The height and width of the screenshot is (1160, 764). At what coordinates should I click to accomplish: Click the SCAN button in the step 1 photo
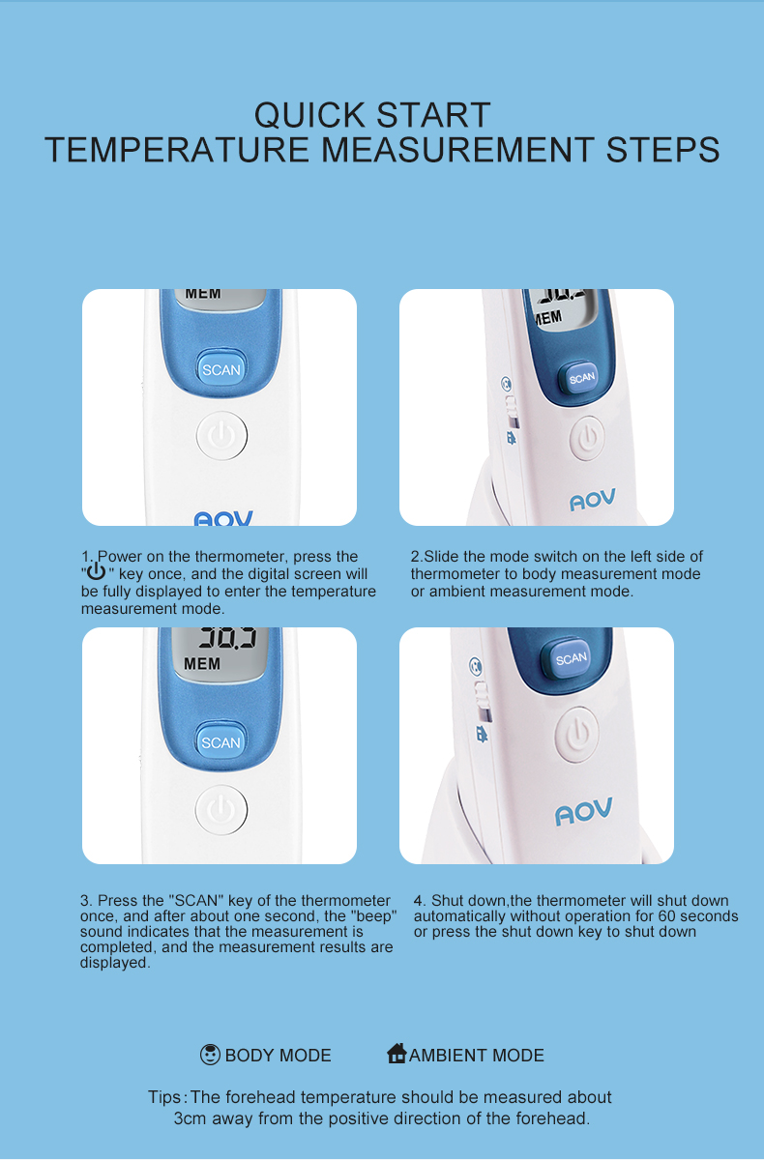tap(221, 368)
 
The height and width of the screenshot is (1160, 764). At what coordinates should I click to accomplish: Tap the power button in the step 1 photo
tap(221, 435)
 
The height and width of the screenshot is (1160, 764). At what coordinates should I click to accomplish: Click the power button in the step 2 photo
tap(587, 438)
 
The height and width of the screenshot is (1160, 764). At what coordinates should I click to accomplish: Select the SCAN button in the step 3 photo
tap(220, 741)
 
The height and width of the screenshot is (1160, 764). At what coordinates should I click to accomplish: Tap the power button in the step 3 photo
tap(221, 809)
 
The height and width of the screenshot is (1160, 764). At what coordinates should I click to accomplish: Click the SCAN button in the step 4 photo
tap(571, 658)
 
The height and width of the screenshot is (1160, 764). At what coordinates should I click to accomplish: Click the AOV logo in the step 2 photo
tap(593, 499)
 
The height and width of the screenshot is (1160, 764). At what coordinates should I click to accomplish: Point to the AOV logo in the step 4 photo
tap(584, 811)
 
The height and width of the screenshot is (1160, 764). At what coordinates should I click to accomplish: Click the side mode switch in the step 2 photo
tap(512, 411)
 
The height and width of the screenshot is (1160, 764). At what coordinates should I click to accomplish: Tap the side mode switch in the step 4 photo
tap(483, 702)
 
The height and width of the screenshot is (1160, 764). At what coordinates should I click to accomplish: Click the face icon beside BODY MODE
tap(210, 1055)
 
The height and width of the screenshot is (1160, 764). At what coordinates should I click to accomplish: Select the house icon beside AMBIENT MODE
tap(397, 1053)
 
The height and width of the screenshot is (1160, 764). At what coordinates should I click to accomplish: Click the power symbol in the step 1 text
tap(96, 571)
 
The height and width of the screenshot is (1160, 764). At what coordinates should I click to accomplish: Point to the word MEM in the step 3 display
tap(202, 663)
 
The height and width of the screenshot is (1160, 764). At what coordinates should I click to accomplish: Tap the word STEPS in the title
tap(662, 149)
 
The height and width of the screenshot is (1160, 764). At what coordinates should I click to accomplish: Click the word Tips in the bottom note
tap(164, 1097)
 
